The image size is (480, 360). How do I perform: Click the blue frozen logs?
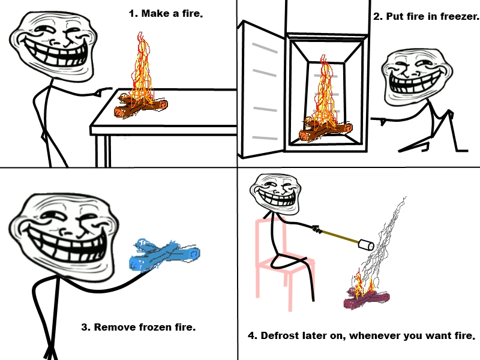(x=164, y=254)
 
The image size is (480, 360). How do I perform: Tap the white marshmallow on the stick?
(x=366, y=245)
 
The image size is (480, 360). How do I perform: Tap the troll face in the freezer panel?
(x=416, y=77)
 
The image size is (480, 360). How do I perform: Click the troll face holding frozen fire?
(x=63, y=235)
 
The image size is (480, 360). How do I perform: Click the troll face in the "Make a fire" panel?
(x=53, y=46)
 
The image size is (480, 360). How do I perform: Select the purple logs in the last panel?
(x=366, y=299)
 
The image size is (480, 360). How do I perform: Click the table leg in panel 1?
(x=103, y=151)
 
